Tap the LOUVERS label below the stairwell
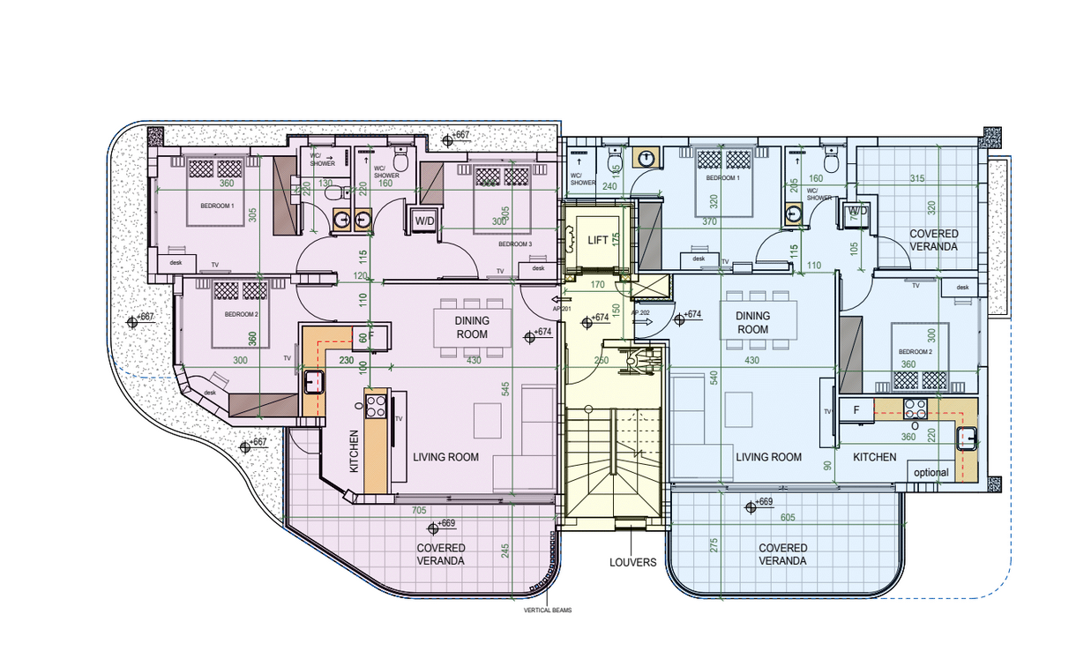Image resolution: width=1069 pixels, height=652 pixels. pyautogui.click(x=632, y=562)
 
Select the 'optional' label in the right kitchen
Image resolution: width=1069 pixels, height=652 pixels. pyautogui.click(x=931, y=472)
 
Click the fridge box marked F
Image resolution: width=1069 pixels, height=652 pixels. pyautogui.click(x=856, y=409)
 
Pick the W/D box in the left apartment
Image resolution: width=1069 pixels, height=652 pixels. pyautogui.click(x=424, y=221)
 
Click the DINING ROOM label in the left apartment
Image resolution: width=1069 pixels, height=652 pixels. pyautogui.click(x=471, y=328)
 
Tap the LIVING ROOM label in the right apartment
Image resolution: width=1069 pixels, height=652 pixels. pyautogui.click(x=768, y=457)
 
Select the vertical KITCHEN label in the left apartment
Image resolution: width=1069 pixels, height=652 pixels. pyautogui.click(x=355, y=451)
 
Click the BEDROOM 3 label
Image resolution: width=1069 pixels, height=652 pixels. pyautogui.click(x=514, y=244)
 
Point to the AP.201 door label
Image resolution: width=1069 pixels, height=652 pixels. pyautogui.click(x=563, y=310)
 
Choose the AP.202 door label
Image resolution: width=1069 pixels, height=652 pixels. pyautogui.click(x=639, y=312)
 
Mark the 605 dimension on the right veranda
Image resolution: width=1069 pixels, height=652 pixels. pyautogui.click(x=787, y=518)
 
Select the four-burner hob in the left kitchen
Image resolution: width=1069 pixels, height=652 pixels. pyautogui.click(x=376, y=407)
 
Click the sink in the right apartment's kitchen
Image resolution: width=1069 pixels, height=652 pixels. pyautogui.click(x=968, y=437)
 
